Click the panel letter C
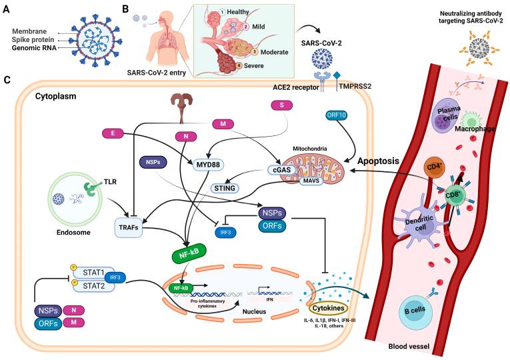(x=7, y=81)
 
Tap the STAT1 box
(x=101, y=273)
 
